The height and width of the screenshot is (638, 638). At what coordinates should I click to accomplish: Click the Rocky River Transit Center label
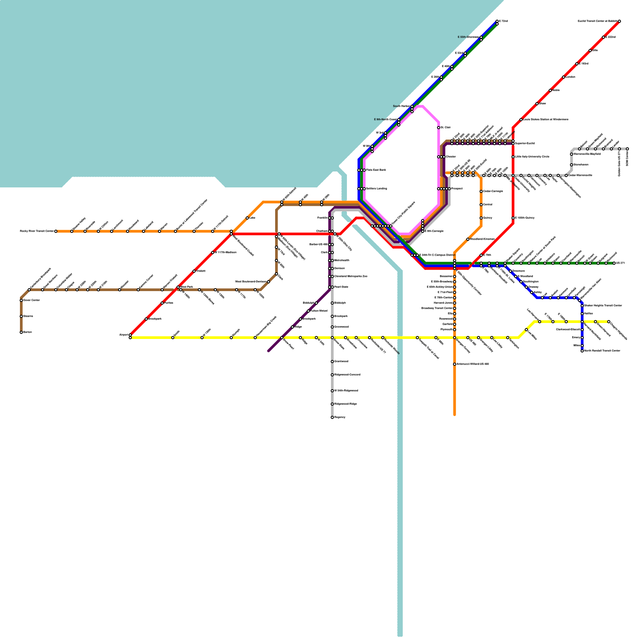pyautogui.click(x=37, y=231)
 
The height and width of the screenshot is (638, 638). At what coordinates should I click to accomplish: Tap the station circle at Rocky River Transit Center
pyautogui.click(x=56, y=231)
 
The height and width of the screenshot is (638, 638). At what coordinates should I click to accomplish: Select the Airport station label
pyautogui.click(x=124, y=335)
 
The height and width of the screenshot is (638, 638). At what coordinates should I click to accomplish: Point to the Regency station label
pyautogui.click(x=340, y=417)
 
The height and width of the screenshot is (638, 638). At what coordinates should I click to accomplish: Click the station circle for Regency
pyautogui.click(x=332, y=417)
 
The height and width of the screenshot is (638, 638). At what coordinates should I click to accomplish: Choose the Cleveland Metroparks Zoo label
pyautogui.click(x=351, y=276)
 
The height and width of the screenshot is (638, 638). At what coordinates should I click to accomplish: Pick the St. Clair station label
pyautogui.click(x=445, y=128)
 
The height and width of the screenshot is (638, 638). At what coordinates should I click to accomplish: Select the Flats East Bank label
pyautogui.click(x=376, y=170)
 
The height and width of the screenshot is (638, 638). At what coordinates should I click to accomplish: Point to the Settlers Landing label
pyautogui.click(x=376, y=189)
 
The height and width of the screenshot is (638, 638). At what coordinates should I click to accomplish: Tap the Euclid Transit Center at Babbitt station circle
pyautogui.click(x=619, y=21)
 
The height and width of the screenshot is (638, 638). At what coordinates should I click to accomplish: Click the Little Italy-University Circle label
pyautogui.click(x=532, y=157)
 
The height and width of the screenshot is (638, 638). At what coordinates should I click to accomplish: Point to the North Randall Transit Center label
pyautogui.click(x=602, y=351)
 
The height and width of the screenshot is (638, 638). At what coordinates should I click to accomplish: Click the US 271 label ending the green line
pyautogui.click(x=620, y=263)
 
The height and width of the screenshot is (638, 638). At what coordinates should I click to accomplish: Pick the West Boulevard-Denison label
pyautogui.click(x=250, y=282)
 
